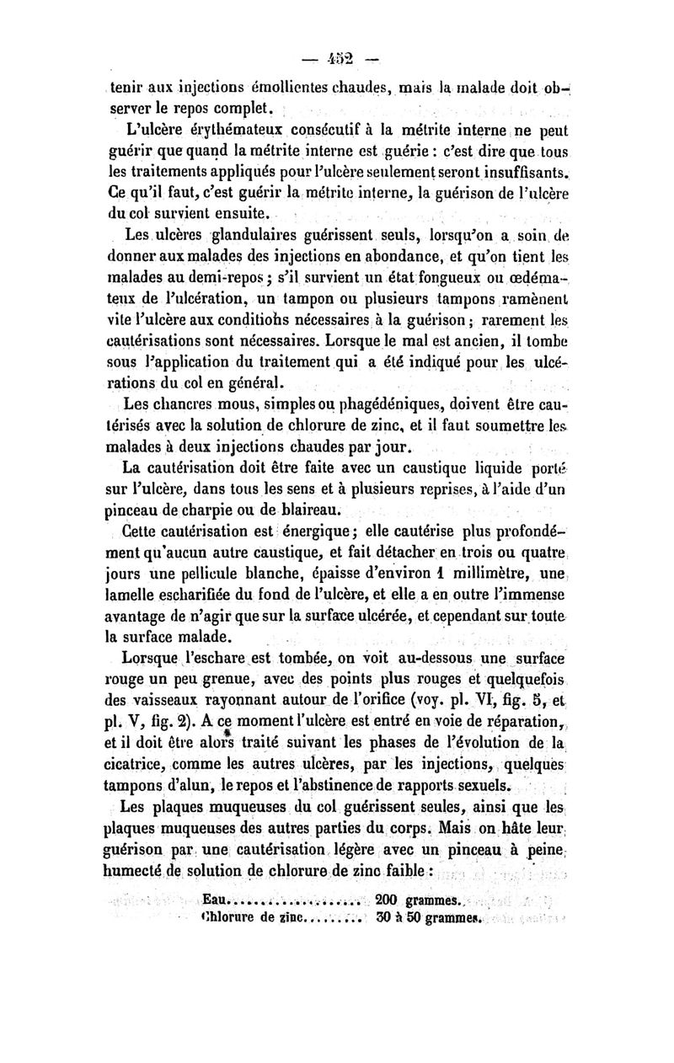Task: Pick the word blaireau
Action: point(308,507)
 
